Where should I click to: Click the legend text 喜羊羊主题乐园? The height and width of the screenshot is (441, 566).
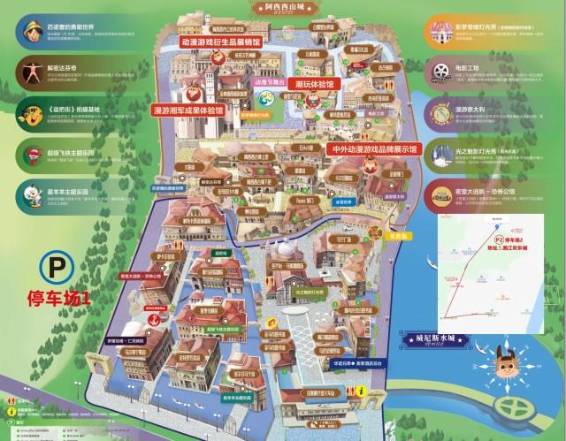(x=71, y=192)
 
